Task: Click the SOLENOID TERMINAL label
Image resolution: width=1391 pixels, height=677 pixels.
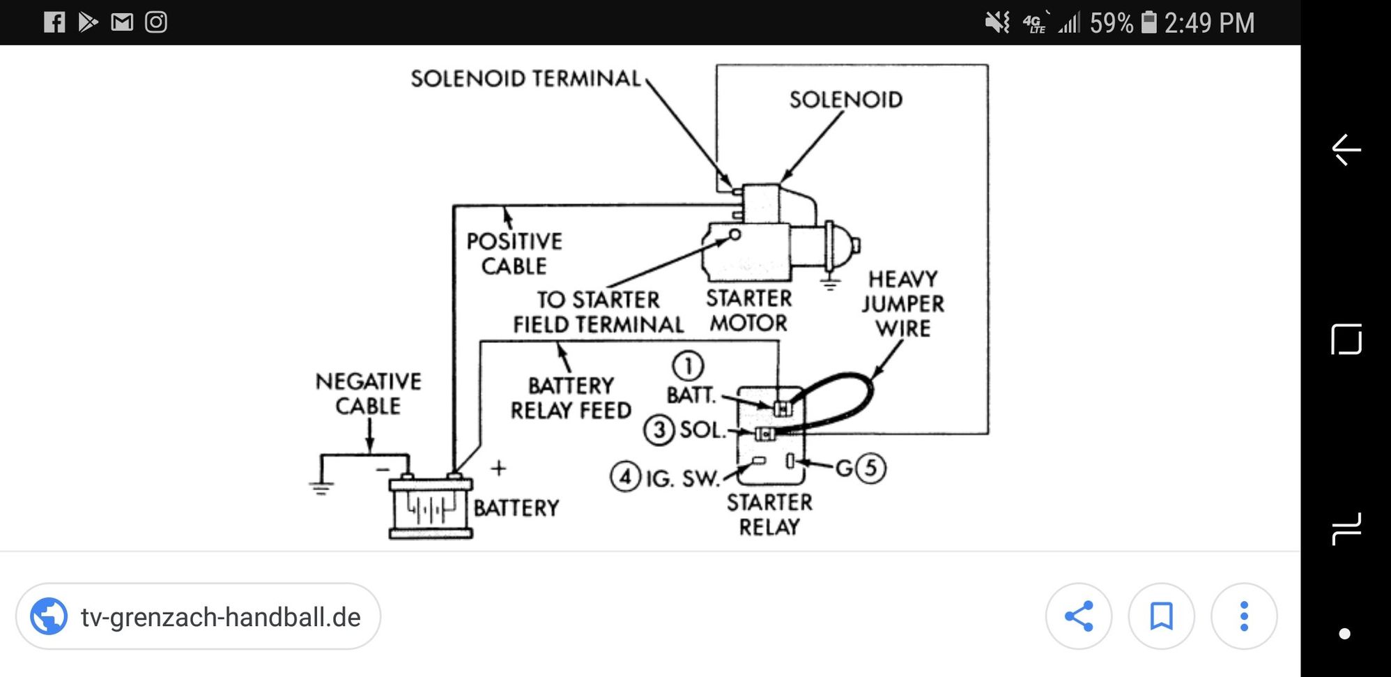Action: click(525, 79)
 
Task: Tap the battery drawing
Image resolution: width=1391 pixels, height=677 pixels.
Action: click(431, 508)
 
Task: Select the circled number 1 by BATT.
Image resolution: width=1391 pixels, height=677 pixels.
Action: click(688, 366)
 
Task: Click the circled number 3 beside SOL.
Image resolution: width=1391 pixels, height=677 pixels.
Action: click(659, 430)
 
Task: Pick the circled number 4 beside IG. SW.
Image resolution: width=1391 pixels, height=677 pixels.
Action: click(625, 478)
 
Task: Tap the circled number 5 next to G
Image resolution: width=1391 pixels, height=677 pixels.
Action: click(870, 468)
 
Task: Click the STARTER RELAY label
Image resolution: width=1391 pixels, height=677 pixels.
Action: click(769, 515)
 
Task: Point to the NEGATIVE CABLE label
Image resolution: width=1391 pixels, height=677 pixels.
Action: click(368, 394)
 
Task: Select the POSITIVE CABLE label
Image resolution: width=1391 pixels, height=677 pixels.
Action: click(514, 254)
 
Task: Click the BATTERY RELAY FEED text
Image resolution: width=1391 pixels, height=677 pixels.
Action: click(571, 398)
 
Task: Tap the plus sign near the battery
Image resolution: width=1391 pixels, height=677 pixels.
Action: click(498, 468)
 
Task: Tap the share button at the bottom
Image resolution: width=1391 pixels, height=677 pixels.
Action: click(1078, 616)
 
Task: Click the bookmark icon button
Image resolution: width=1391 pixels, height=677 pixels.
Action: click(1161, 616)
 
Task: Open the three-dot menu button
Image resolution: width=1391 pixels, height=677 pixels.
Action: click(1244, 616)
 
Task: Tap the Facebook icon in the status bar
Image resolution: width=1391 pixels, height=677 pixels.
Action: click(54, 22)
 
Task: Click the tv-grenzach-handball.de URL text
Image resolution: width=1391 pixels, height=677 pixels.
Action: click(221, 618)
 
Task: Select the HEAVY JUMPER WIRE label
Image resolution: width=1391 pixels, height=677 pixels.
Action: click(903, 304)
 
